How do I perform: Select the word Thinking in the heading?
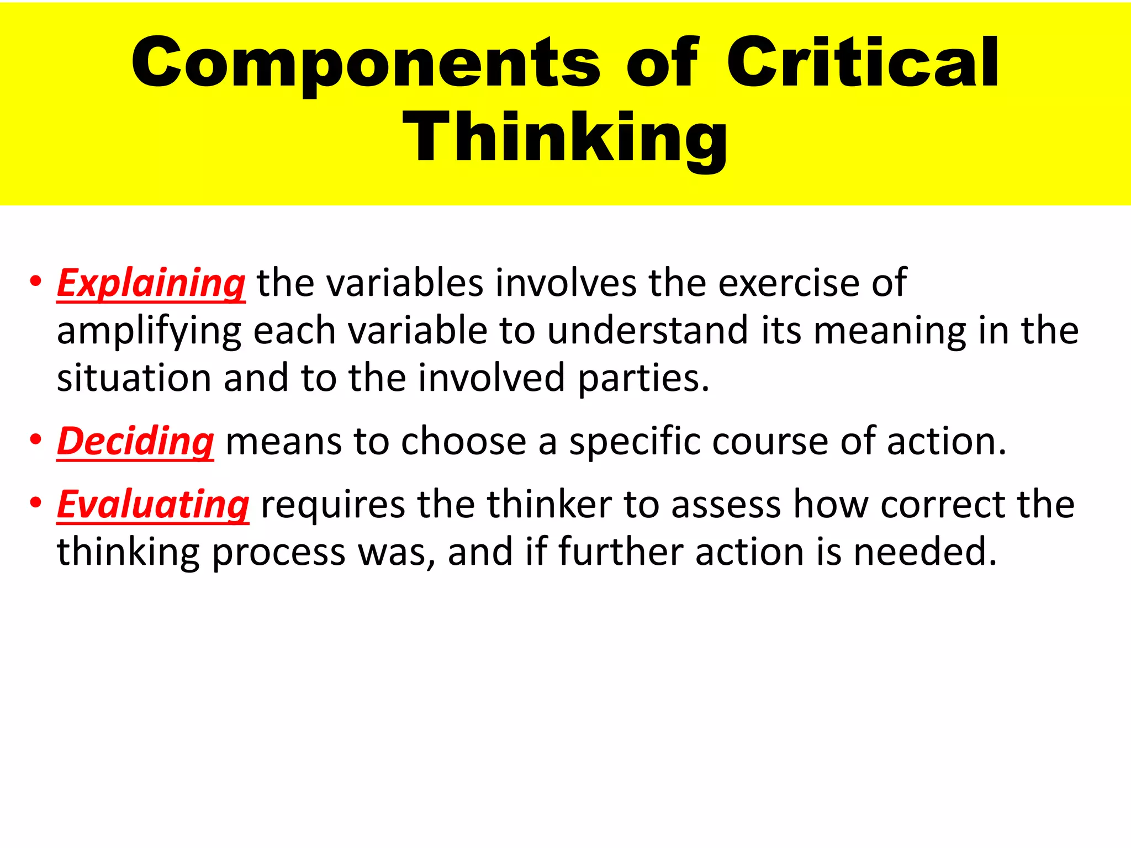(x=565, y=137)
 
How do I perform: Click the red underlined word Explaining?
(x=151, y=283)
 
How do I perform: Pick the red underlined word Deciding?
(x=135, y=442)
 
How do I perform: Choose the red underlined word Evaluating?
(x=153, y=505)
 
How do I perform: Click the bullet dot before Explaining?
(x=36, y=282)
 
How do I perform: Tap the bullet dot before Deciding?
(x=36, y=440)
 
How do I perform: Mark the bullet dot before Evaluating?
(x=36, y=503)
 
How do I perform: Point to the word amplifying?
(x=149, y=332)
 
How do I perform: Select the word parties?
(x=643, y=379)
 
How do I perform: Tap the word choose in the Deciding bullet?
(x=463, y=442)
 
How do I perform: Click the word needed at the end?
(x=925, y=552)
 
